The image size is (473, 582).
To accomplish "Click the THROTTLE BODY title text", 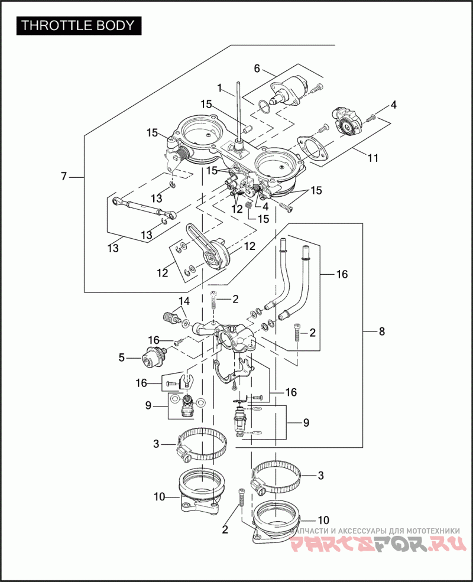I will click(x=79, y=26).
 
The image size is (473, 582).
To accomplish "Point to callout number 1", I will click(x=219, y=89).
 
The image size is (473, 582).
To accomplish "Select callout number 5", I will click(x=122, y=357).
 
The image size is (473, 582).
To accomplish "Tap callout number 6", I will click(x=257, y=69).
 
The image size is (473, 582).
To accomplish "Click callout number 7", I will click(x=64, y=176).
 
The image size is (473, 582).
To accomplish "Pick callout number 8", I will click(x=382, y=331).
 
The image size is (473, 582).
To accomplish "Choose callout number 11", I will click(x=373, y=158).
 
